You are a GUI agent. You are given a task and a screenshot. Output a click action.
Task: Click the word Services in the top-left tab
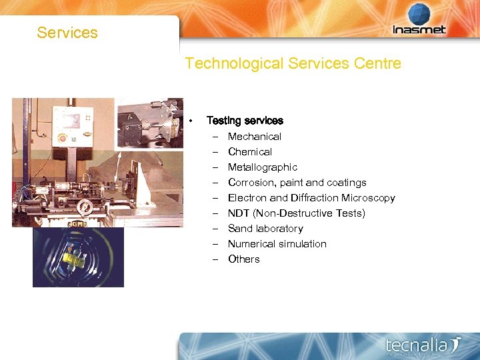coord(67,33)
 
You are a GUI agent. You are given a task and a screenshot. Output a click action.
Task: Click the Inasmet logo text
coord(418,29)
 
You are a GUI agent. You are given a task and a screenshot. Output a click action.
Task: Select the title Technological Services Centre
coord(293,63)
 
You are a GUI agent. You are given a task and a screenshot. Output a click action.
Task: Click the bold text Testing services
coord(245,121)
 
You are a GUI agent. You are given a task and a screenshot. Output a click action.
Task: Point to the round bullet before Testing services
coord(191,121)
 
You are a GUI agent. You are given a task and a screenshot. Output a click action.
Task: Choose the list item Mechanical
coord(254,136)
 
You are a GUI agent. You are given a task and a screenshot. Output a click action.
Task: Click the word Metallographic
coord(262,167)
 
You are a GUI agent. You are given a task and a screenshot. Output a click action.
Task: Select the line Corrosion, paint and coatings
coord(297,182)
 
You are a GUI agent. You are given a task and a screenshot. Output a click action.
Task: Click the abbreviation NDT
coord(239,213)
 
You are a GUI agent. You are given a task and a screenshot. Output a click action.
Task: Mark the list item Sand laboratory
coord(265,228)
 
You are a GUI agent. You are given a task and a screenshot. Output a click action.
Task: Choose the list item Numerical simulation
coord(277,243)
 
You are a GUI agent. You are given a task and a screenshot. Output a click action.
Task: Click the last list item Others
coord(243,259)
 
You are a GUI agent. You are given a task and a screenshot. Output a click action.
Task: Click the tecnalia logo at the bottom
coord(423,345)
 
